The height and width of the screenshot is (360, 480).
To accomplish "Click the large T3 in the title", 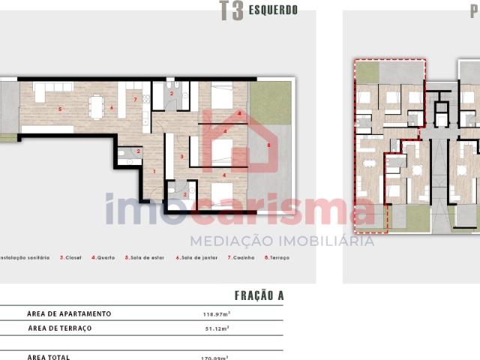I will pyautogui.click(x=231, y=11).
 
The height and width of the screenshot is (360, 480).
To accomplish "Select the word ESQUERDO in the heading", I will pyautogui.click(x=274, y=10).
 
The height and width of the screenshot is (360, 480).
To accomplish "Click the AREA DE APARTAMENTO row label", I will pyautogui.click(x=69, y=313).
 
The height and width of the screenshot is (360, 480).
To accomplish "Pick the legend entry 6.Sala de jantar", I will pyautogui.click(x=195, y=257).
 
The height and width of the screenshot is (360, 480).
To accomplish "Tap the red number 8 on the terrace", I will pyautogui.click(x=268, y=144).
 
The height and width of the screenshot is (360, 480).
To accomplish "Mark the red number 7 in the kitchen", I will pyautogui.click(x=135, y=99).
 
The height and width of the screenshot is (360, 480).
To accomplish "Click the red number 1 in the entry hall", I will pyautogui.click(x=154, y=172).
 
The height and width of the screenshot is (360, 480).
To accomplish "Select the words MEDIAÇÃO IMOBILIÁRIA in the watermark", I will pyautogui.click(x=281, y=241).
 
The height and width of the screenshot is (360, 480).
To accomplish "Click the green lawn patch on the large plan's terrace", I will pyautogui.click(x=270, y=103).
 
